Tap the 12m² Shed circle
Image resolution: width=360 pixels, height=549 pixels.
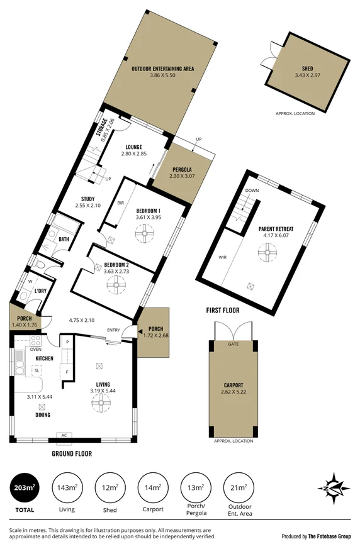(x=110, y=487)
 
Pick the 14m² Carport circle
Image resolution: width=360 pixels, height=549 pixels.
(x=153, y=487)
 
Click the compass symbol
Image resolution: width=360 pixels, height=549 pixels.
(x=335, y=486)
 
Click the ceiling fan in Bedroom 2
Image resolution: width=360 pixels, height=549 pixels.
(x=115, y=286)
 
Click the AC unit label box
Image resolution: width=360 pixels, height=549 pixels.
(x=64, y=435)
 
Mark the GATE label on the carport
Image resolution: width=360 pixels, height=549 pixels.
(x=233, y=345)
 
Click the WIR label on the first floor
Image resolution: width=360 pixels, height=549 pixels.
(x=222, y=256)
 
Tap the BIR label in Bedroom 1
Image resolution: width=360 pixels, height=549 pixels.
(x=120, y=203)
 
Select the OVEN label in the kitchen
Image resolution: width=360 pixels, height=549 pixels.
(x=36, y=349)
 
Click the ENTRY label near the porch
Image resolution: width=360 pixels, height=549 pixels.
(x=113, y=330)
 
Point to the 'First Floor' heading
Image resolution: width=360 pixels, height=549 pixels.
(x=223, y=310)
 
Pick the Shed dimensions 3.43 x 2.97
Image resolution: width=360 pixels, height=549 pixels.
(x=307, y=75)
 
